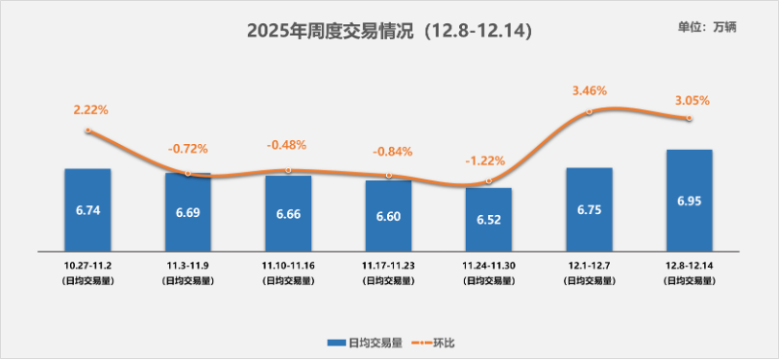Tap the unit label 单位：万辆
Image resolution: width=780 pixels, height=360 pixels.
pyautogui.click(x=707, y=27)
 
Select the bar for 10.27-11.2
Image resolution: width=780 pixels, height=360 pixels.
pyautogui.click(x=88, y=209)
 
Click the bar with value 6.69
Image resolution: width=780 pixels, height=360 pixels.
pyautogui.click(x=188, y=211)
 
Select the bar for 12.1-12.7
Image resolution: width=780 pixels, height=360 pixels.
pyautogui.click(x=588, y=208)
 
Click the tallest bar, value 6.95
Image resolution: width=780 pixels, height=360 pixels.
pyautogui.click(x=689, y=199)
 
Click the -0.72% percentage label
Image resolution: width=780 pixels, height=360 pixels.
pyautogui.click(x=188, y=149)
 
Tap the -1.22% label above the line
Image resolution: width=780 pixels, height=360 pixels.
pyautogui.click(x=485, y=161)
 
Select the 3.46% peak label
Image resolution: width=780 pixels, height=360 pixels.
pyautogui.click(x=589, y=90)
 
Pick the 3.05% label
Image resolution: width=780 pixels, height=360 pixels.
pyautogui.click(x=691, y=100)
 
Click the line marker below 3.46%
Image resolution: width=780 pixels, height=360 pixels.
pyautogui.click(x=589, y=113)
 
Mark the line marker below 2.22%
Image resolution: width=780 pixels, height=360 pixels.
pyautogui.click(x=88, y=130)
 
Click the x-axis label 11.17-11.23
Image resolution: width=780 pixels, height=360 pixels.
pyautogui.click(x=388, y=265)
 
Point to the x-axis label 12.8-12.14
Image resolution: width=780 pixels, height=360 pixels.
pyautogui.click(x=689, y=265)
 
